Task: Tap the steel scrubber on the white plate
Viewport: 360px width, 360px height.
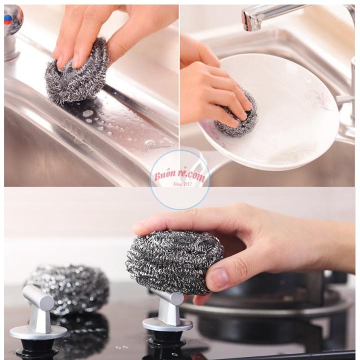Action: [236, 115]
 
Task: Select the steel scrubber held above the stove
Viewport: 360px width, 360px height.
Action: [174, 261]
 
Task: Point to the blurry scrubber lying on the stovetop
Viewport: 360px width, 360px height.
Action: [66, 289]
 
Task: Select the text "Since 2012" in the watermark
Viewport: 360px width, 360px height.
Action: [182, 184]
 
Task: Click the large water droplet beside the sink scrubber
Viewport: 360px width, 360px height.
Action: [87, 113]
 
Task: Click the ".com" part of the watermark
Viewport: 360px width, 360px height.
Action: [196, 176]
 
